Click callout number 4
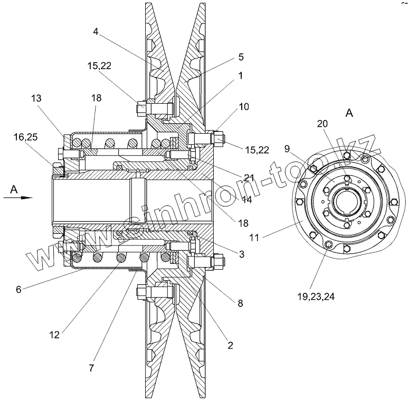(x=96, y=32)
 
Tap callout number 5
(x=241, y=57)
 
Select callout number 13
(x=36, y=98)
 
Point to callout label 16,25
(x=25, y=137)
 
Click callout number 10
(x=244, y=107)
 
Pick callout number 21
(x=249, y=178)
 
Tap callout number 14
(x=247, y=200)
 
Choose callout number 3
(x=242, y=254)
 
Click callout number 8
(x=240, y=303)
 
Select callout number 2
(x=230, y=346)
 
